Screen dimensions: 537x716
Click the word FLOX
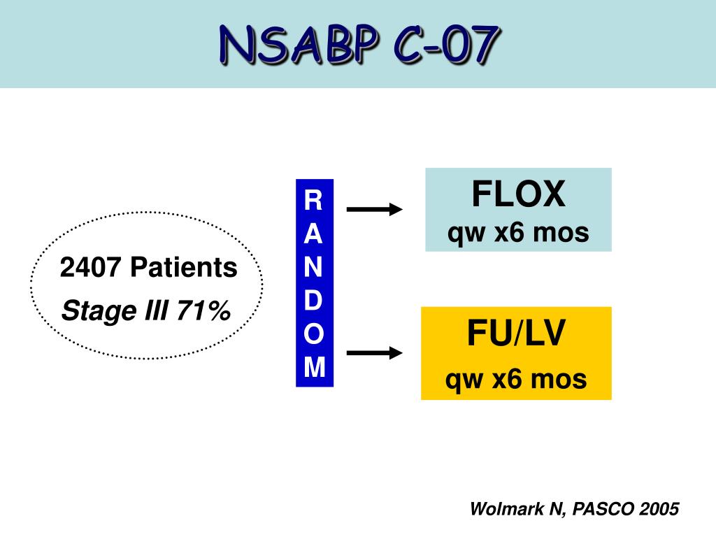click(518, 194)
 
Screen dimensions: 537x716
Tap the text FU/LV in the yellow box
click(516, 334)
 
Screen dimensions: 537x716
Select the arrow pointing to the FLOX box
click(375, 209)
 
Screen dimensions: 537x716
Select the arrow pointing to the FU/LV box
click(375, 353)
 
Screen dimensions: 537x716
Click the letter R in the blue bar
click(314, 201)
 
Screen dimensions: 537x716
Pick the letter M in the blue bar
click(314, 367)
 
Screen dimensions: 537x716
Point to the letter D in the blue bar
click(314, 300)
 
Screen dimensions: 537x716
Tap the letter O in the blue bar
click(314, 334)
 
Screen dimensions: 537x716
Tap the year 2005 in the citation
click(659, 510)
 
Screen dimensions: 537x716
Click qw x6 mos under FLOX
click(518, 233)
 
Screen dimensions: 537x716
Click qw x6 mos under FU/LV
click(516, 380)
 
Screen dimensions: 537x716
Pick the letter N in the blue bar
click(314, 267)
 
